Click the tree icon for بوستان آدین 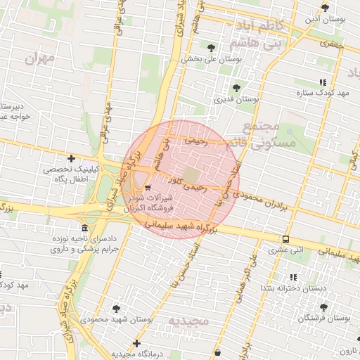coord(324,8)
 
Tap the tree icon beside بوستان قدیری coord(236,89)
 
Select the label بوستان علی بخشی coord(212,60)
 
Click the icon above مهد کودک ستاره coord(323,82)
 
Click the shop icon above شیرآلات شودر coord(147,188)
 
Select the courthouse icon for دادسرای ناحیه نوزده coord(84,229)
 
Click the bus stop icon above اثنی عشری coord(285,238)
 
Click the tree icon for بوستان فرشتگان coord(323,307)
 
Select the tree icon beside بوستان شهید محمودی coord(116,308)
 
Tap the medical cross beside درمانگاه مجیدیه coord(138,343)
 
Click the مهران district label coord(39,58)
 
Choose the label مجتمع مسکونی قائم coord(261,136)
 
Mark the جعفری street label coord(330,44)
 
